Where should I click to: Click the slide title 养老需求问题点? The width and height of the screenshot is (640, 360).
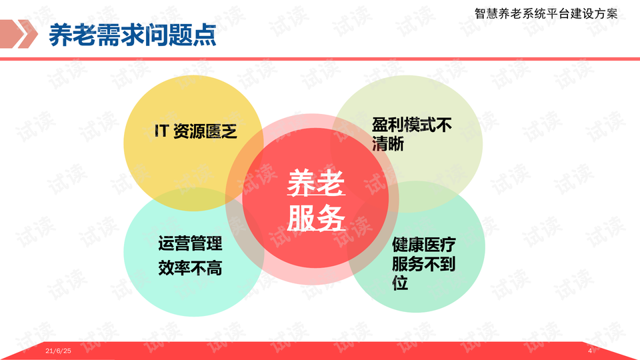click(132, 35)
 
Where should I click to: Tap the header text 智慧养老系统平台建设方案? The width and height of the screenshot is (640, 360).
click(546, 13)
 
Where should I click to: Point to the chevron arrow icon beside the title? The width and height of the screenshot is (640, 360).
click(19, 34)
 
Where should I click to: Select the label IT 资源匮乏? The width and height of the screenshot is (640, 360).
click(196, 131)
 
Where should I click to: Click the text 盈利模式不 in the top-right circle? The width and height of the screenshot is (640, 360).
click(411, 125)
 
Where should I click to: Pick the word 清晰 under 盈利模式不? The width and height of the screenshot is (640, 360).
click(388, 144)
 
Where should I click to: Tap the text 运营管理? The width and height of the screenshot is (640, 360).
click(190, 244)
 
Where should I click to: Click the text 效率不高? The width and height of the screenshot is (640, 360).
click(190, 268)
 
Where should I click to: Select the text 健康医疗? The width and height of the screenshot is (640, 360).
click(424, 245)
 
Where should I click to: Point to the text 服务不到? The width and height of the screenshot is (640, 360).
click(424, 264)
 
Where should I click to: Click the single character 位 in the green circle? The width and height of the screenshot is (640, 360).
click(400, 283)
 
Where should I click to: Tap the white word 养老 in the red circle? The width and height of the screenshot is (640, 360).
click(316, 184)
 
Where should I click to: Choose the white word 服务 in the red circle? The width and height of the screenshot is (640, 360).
click(316, 218)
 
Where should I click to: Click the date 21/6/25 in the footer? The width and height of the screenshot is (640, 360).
click(59, 351)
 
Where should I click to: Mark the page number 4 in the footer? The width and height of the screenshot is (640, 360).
click(590, 351)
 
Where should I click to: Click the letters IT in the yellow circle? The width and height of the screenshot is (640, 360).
click(161, 131)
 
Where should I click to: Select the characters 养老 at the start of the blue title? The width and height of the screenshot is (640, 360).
click(73, 35)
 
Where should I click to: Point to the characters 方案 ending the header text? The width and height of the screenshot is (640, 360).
click(606, 13)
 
